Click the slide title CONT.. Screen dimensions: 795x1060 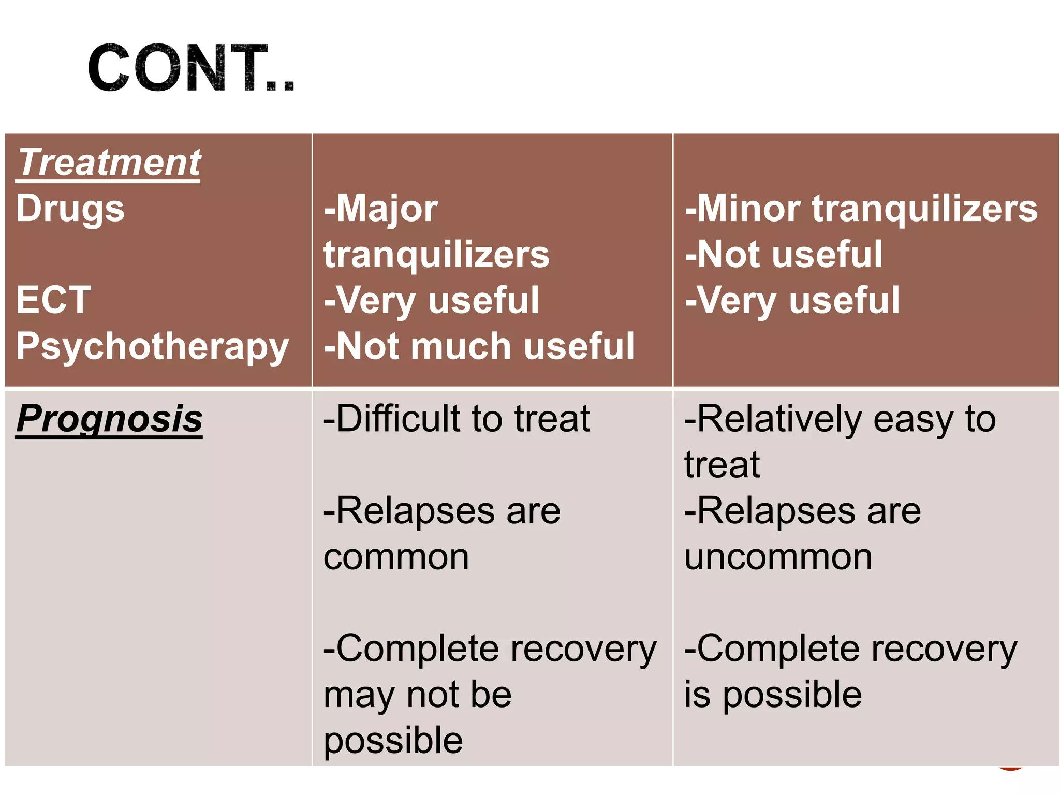[x=190, y=69]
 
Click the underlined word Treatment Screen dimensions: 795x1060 [x=109, y=163]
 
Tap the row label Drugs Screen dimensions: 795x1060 [x=70, y=209]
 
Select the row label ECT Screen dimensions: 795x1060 [x=53, y=300]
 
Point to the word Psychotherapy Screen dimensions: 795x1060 [x=152, y=347]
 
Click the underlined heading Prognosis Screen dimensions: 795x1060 [x=109, y=419]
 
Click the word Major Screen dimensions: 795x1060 [x=387, y=209]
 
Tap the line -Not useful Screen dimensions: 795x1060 [x=784, y=254]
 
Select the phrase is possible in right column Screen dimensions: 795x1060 [x=773, y=695]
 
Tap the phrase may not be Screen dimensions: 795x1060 [x=417, y=695]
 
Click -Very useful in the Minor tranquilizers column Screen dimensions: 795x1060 [x=792, y=300]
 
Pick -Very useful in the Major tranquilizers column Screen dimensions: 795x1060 [x=432, y=300]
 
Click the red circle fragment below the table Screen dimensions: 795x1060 [x=1010, y=768]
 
